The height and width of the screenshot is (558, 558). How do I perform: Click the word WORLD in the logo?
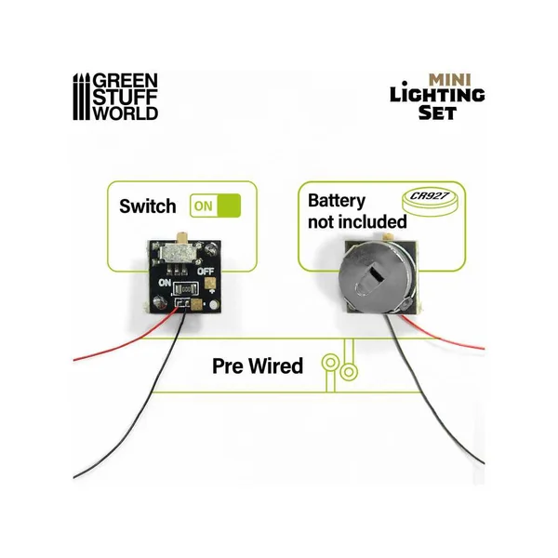pos(130,113)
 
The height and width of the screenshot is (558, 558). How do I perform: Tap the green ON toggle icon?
pos(215,206)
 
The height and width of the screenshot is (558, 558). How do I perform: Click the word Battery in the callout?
pos(336,201)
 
